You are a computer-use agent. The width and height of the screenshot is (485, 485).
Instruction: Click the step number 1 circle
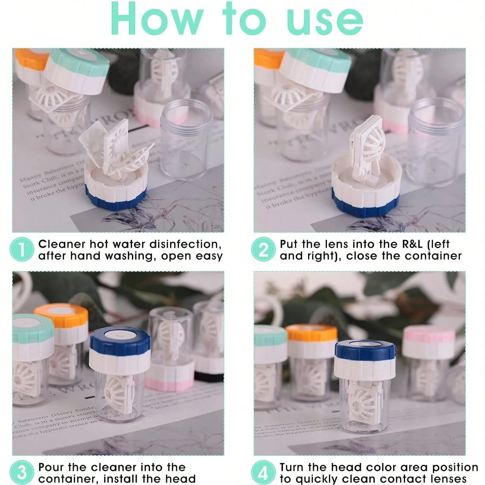pos(22,250)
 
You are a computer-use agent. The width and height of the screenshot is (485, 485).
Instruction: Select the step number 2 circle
pos(263,250)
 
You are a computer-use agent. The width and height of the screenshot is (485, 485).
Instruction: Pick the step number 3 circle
pos(22,472)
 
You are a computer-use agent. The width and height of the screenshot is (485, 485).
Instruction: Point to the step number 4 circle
pos(263,472)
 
